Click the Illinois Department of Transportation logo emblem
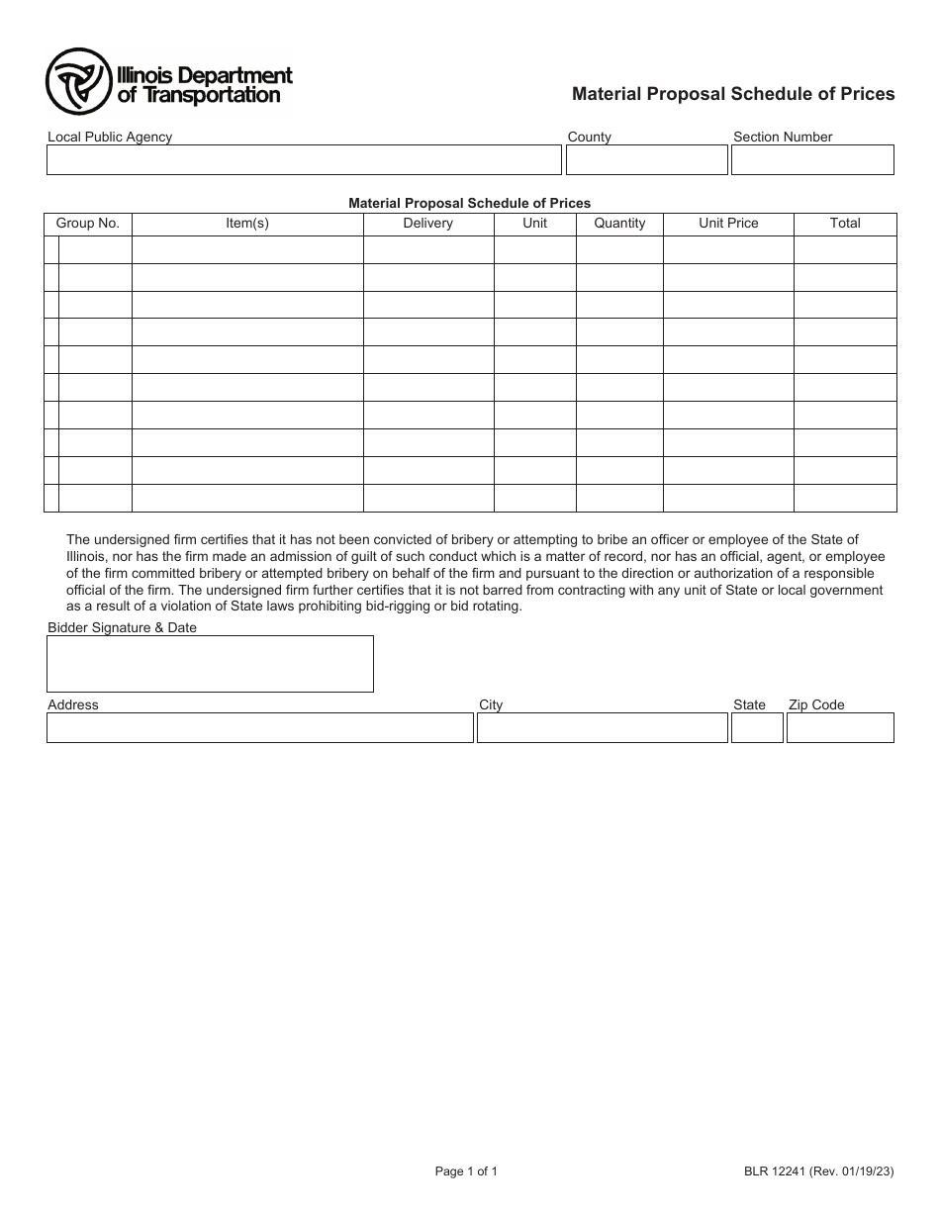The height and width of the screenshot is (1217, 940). pos(77,82)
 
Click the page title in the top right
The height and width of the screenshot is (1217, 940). pos(733,94)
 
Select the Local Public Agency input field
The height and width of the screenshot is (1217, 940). pos(304,160)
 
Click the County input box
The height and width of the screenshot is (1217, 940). pos(646,160)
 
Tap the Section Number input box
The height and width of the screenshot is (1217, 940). pos(811,160)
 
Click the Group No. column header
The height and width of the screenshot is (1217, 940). pos(88,224)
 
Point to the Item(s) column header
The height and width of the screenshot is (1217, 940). pos(247,224)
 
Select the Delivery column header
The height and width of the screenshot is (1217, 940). pos(427,224)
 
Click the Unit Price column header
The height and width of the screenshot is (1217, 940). pos(728,224)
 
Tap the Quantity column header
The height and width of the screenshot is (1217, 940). pos(619,224)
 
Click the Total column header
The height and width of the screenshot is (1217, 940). pos(845,224)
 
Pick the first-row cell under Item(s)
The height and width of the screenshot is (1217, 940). pos(247,250)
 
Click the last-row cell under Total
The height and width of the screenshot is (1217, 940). pos(845,499)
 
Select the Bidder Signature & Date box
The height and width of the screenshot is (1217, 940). pos(210,664)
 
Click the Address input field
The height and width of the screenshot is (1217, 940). pos(260,728)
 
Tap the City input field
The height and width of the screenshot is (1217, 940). pos(602,728)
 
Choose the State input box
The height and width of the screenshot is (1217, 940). pos(757,728)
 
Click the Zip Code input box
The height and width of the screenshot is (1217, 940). pos(840,728)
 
